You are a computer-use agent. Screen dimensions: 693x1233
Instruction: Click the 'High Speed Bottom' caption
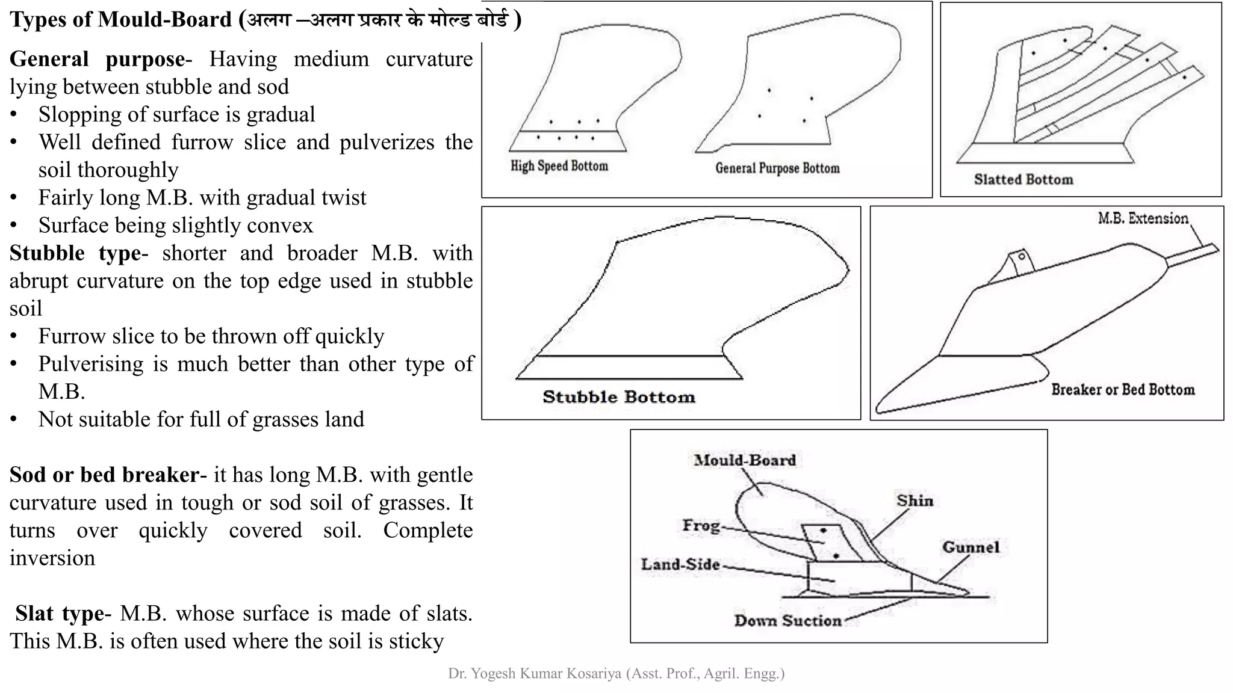click(559, 166)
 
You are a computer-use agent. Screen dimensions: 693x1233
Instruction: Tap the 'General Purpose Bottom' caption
click(777, 168)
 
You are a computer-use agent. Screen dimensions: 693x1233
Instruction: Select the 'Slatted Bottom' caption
click(1023, 179)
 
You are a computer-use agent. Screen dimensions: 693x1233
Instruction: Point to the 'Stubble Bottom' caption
click(619, 397)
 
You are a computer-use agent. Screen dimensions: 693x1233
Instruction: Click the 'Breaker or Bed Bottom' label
click(1123, 390)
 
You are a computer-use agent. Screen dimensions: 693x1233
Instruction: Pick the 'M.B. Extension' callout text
click(1143, 218)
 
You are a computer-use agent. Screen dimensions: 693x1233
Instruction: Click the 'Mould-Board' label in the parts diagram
click(745, 460)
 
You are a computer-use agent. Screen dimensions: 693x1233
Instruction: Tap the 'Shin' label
click(915, 500)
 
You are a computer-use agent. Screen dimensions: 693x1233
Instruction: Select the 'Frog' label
click(701, 526)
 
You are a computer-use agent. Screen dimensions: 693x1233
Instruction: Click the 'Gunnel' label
click(971, 547)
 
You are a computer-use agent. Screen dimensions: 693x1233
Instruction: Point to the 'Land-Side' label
click(680, 564)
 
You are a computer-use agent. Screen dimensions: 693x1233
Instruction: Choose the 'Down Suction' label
click(787, 620)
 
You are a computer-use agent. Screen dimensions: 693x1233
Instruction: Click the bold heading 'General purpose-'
click(101, 60)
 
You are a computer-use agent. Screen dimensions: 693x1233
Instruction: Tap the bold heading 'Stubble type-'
click(78, 253)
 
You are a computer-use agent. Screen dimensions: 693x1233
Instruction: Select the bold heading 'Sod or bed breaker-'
click(108, 475)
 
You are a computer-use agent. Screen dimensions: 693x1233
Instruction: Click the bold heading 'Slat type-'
click(63, 614)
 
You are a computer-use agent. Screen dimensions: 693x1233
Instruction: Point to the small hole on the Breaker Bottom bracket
click(1021, 257)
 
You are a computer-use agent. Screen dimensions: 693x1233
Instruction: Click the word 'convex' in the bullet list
click(284, 226)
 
